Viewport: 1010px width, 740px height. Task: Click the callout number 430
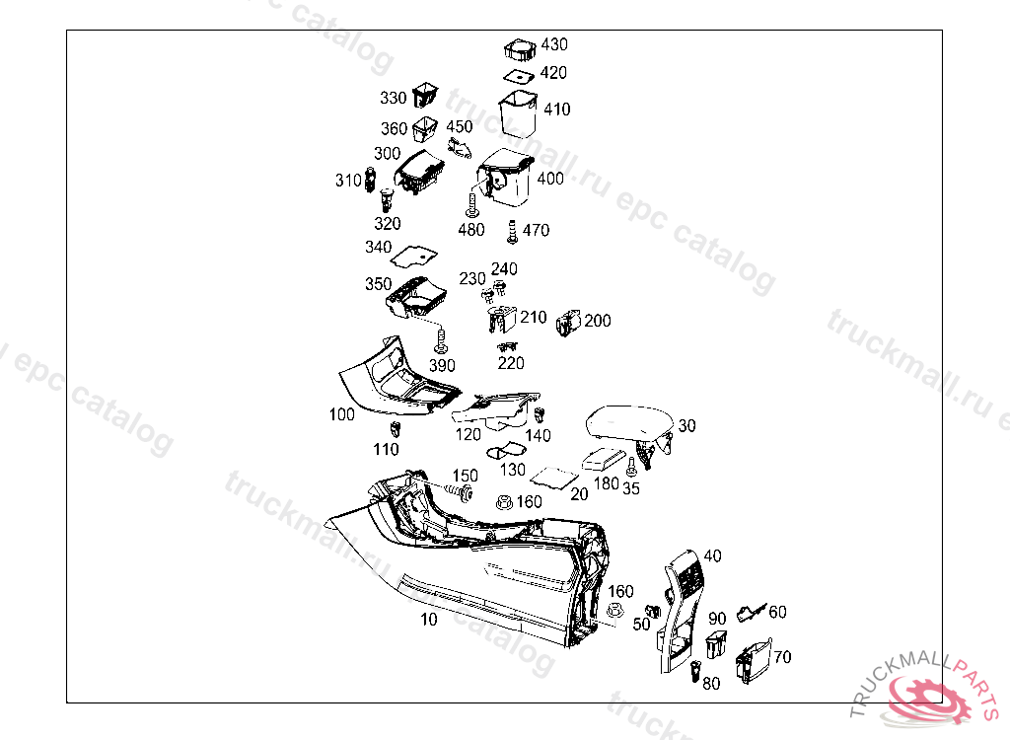[x=554, y=44]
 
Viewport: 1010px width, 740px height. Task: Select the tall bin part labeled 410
[x=518, y=113]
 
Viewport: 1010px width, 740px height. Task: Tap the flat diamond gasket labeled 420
[x=519, y=74]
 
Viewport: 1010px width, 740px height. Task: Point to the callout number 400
[x=550, y=179]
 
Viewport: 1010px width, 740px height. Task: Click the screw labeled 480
[x=472, y=206]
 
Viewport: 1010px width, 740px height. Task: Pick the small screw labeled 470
[x=512, y=232]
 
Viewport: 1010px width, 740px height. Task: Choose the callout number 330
[x=394, y=98]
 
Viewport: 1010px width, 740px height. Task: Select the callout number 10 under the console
[x=428, y=620]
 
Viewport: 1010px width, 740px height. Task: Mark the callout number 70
[x=782, y=657]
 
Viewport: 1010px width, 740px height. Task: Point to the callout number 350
[x=378, y=284]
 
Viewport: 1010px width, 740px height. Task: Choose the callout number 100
[x=341, y=415]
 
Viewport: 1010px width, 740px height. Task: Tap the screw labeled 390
[x=441, y=342]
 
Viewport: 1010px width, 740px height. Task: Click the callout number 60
[x=777, y=612]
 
